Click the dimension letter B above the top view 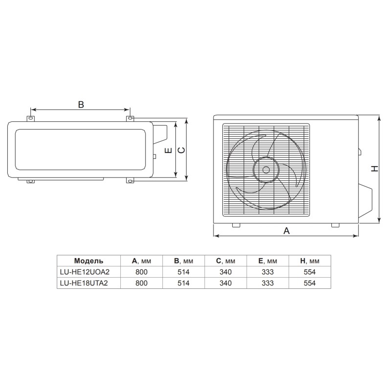click(x=81, y=104)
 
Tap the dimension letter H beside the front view click(x=374, y=169)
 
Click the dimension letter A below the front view click(x=287, y=231)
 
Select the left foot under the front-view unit click(x=236, y=225)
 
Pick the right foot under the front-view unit click(x=335, y=225)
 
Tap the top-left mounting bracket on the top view click(x=31, y=118)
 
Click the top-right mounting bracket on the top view click(x=130, y=118)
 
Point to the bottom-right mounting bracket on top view click(x=130, y=181)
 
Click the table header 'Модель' click(x=88, y=261)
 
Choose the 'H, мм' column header click(x=309, y=261)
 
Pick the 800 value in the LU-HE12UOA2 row click(x=140, y=272)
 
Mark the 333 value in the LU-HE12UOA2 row click(x=267, y=272)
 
